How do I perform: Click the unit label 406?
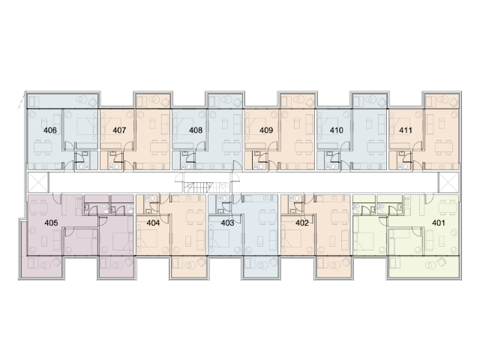(x=50, y=130)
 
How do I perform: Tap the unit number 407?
(x=119, y=130)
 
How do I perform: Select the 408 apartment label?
(x=196, y=130)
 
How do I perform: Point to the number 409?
(x=266, y=130)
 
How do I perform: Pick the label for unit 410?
(x=337, y=130)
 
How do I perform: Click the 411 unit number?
(x=406, y=130)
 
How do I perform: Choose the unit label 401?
(x=438, y=223)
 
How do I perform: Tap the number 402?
(x=301, y=223)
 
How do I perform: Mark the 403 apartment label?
(x=227, y=223)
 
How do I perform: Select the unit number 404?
(x=153, y=223)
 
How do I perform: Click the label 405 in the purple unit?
(x=51, y=223)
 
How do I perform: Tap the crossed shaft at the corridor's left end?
(x=38, y=182)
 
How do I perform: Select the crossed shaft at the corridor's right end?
(x=448, y=182)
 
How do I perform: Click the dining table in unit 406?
(x=43, y=148)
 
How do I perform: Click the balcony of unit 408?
(x=225, y=100)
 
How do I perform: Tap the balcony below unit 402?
(x=334, y=267)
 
